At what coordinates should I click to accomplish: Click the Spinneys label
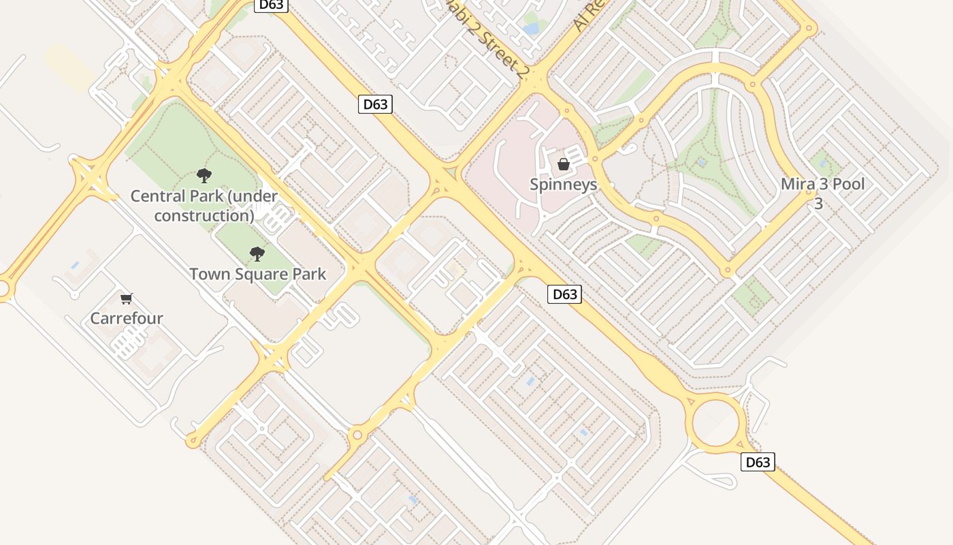[x=563, y=185]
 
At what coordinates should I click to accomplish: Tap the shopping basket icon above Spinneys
[x=563, y=164]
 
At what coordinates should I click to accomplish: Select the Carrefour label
[x=127, y=318]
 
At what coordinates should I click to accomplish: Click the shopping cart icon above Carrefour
[x=126, y=298]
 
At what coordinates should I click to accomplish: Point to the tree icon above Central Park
[x=204, y=176]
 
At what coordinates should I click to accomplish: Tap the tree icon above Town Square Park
[x=257, y=254]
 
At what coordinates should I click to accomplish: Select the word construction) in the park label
[x=204, y=215]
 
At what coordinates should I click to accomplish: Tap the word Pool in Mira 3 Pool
[x=847, y=184]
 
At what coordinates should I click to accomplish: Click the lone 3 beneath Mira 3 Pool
[x=819, y=203]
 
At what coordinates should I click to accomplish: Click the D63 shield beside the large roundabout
[x=758, y=462]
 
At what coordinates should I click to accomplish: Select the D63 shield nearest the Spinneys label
[x=564, y=294]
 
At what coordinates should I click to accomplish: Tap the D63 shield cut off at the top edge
[x=272, y=5]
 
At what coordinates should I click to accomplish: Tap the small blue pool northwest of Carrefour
[x=74, y=265]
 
